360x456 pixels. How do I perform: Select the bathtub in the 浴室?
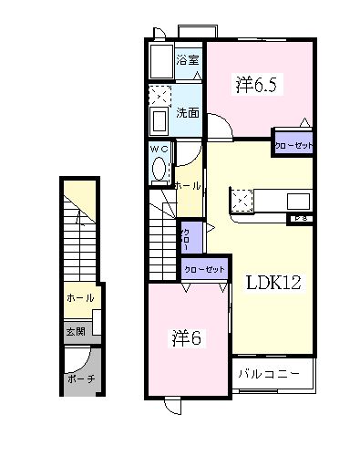tap(160, 62)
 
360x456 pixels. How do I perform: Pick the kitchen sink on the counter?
tap(298, 201)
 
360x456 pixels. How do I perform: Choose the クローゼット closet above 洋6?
tap(204, 269)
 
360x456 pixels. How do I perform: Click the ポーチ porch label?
tap(80, 378)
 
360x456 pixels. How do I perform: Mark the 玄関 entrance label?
tap(75, 332)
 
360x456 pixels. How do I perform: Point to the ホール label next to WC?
tap(187, 185)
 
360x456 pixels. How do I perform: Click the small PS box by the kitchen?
tap(300, 219)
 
